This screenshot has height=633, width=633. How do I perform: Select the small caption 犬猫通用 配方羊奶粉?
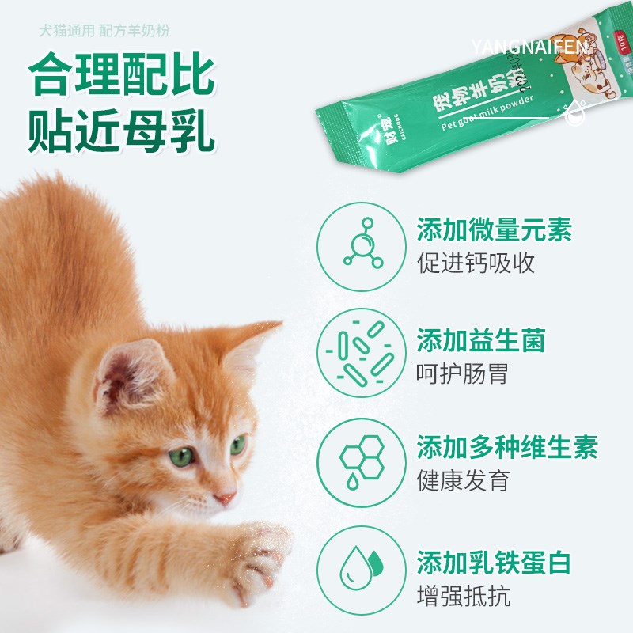(104, 32)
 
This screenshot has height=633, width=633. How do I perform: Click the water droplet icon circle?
(362, 571)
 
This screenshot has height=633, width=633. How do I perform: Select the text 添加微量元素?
(494, 231)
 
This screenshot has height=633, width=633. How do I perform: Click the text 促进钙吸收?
(476, 263)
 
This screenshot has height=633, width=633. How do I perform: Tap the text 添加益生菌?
(481, 341)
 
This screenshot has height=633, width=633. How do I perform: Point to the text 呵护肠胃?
(463, 373)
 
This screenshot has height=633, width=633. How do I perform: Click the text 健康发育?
(463, 479)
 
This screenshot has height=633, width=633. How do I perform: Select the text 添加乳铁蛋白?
(494, 563)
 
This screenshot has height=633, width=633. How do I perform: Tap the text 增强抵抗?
(463, 595)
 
